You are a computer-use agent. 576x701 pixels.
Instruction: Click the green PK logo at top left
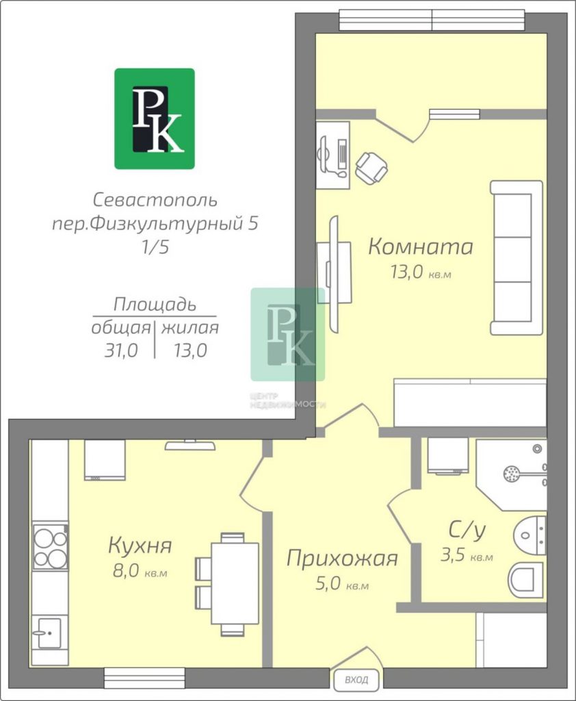155,118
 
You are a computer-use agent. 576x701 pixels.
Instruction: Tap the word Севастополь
155,200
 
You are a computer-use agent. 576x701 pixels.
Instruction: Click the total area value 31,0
121,351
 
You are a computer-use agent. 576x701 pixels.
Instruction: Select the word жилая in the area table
190,328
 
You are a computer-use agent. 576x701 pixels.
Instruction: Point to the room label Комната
421,246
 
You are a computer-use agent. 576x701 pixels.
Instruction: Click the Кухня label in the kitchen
140,546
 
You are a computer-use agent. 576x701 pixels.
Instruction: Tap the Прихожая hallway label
342,559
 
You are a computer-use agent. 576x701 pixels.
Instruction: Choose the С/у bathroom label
467,531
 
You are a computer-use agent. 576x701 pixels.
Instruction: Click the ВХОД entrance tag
356,680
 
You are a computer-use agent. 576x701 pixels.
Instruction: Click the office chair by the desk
371,168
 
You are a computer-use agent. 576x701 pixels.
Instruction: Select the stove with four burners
51,546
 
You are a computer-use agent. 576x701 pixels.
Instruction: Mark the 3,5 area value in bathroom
453,555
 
